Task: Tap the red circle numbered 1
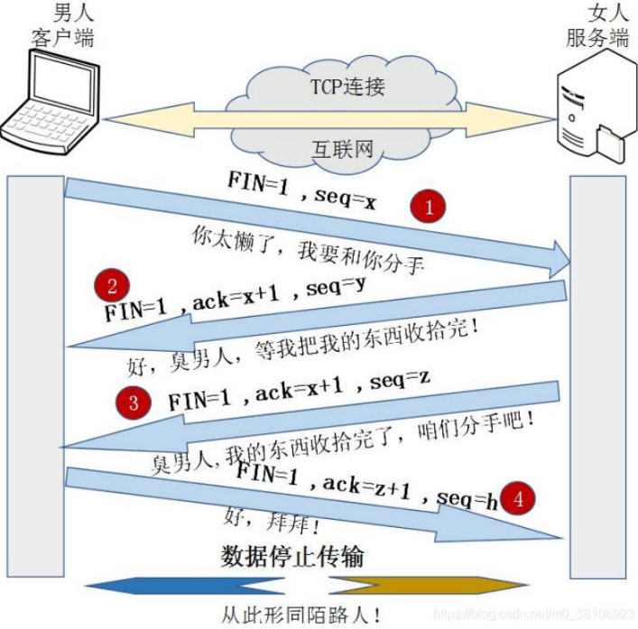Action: tap(430, 207)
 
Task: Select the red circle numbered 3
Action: tap(134, 402)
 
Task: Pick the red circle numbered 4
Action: tap(517, 497)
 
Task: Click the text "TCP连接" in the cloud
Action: tap(348, 88)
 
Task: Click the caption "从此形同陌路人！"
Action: tap(302, 614)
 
